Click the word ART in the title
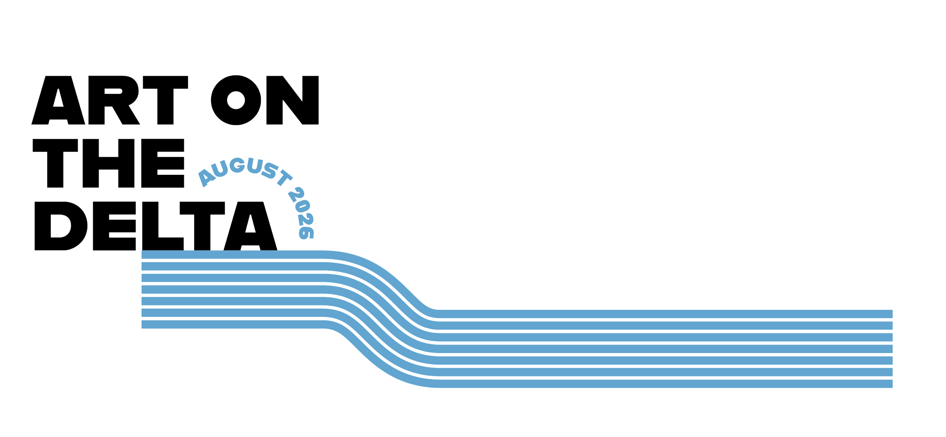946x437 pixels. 110,100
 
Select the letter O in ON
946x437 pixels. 236,100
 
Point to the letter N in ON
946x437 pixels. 293,100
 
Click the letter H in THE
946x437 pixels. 109,163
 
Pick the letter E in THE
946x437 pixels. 163,163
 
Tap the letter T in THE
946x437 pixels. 55,163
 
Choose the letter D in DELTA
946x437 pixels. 61,226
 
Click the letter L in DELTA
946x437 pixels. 163,226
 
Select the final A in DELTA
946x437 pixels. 251,226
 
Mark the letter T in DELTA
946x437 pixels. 202,226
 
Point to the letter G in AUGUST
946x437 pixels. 237,165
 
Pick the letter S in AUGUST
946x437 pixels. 270,171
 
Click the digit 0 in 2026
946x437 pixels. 303,206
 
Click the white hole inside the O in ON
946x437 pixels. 236,100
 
